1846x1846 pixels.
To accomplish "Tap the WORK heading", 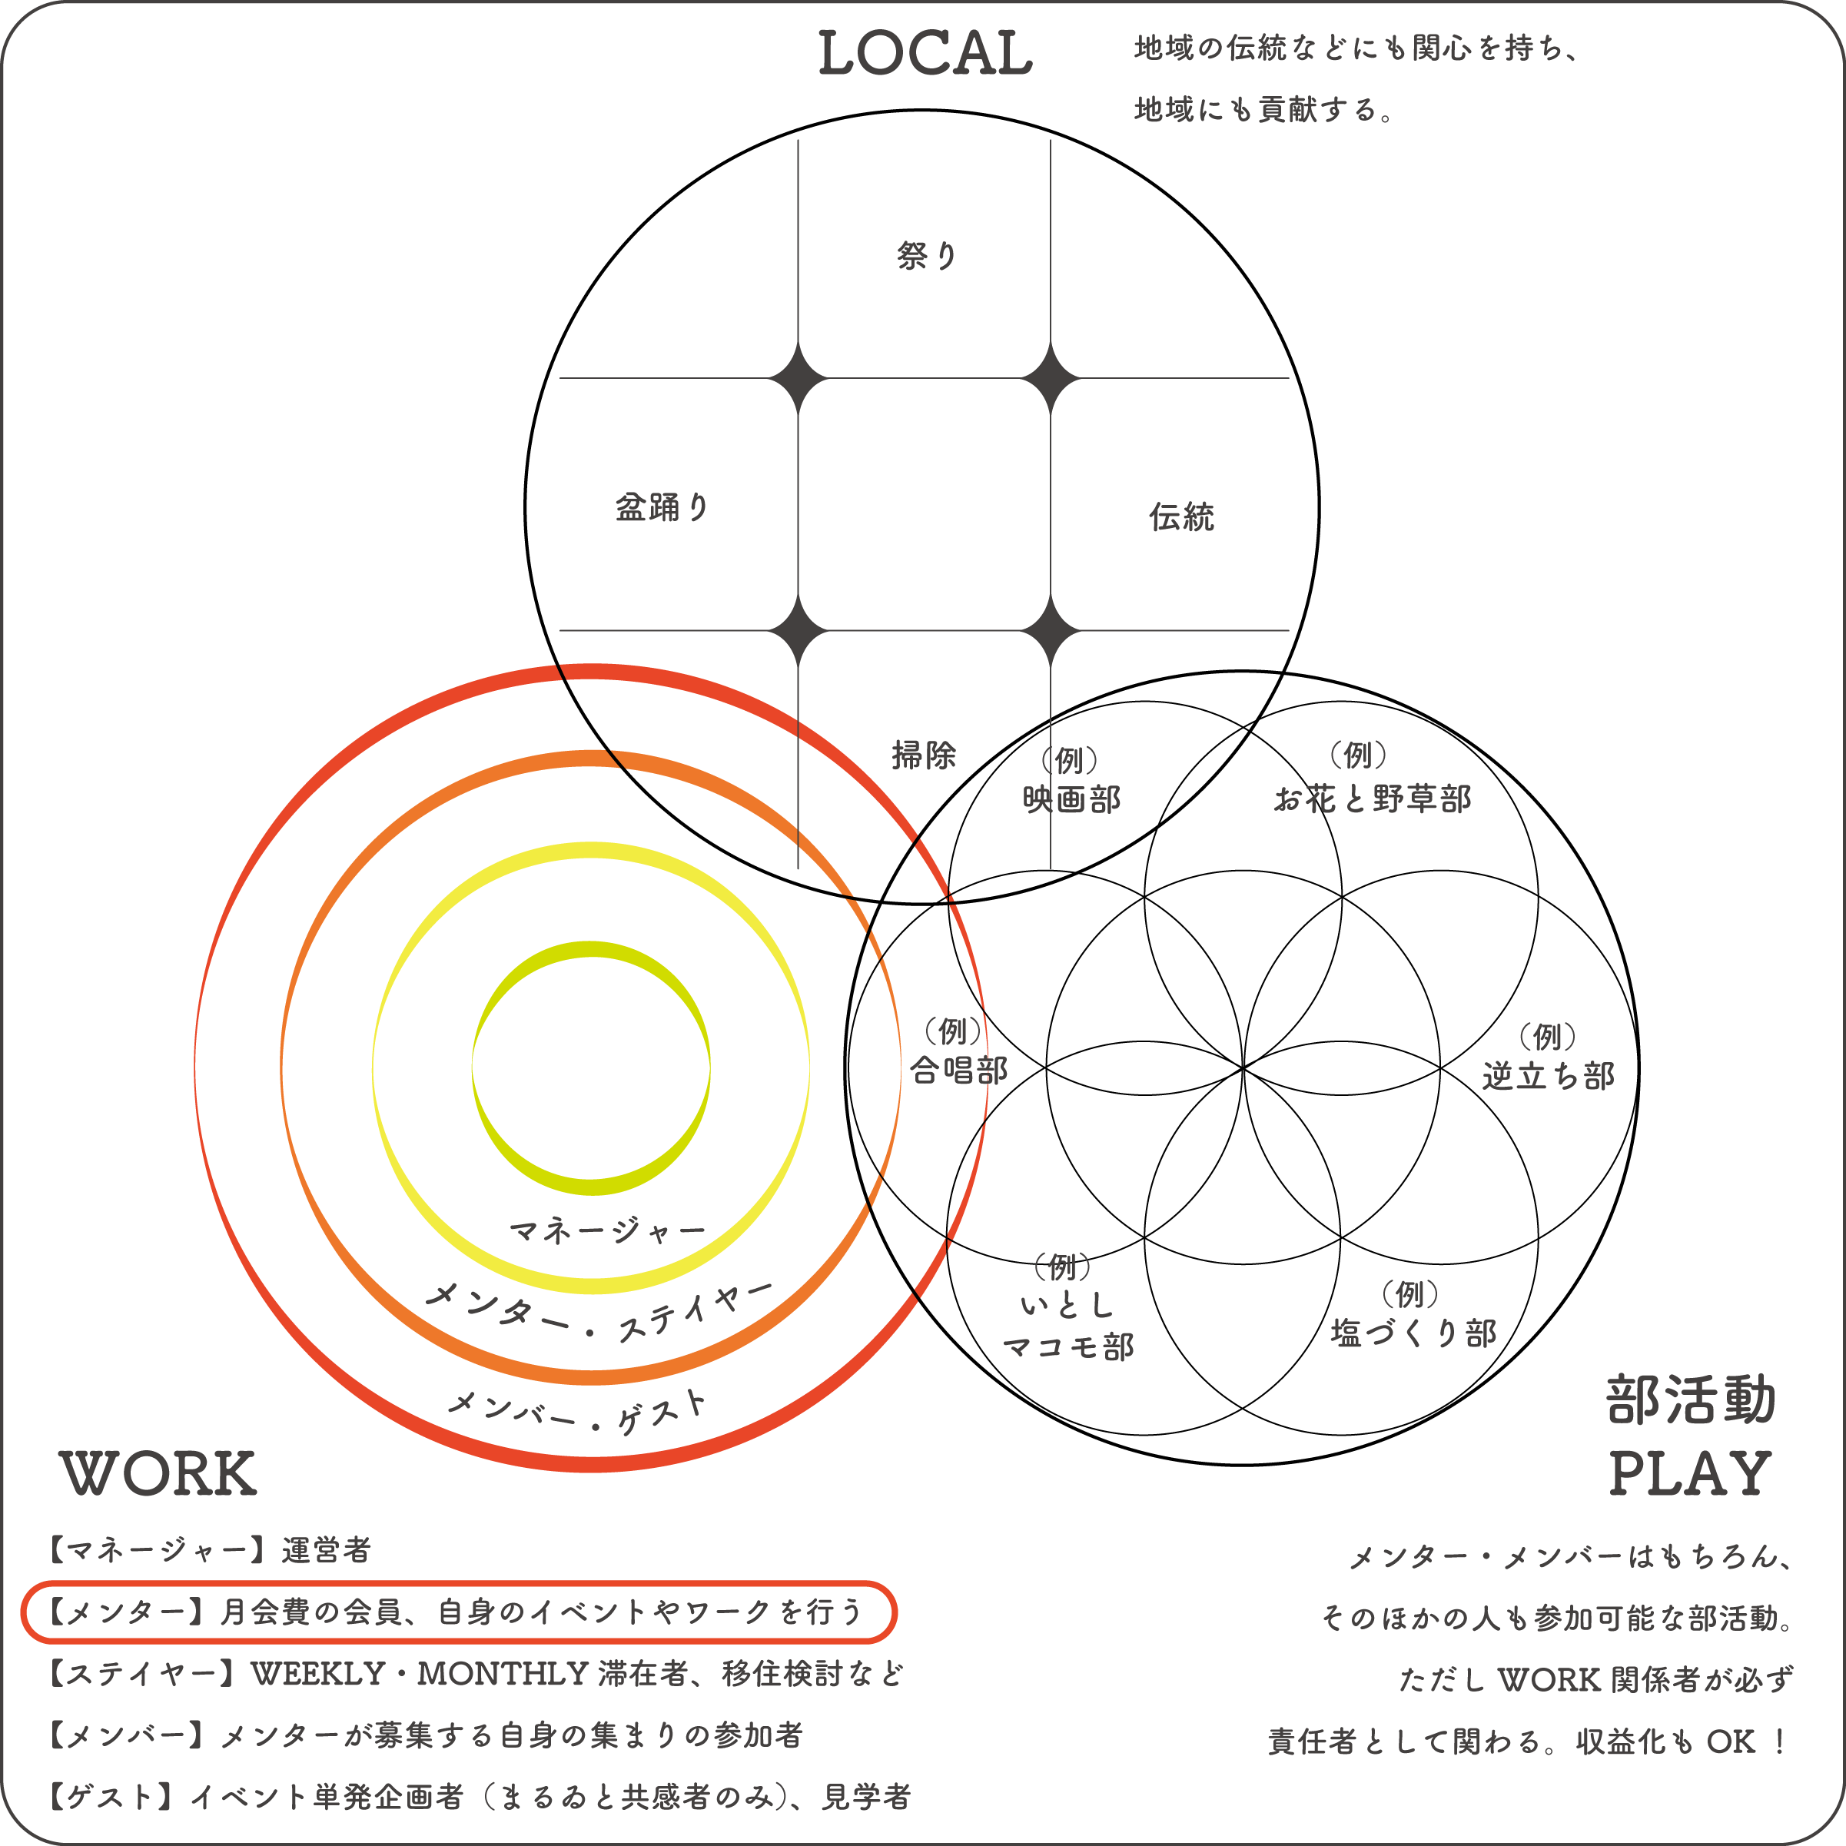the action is click(158, 1473).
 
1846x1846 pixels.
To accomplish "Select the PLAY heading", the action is click(1689, 1473).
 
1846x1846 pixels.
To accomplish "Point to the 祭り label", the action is click(927, 255).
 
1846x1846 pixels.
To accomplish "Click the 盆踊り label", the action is click(662, 507).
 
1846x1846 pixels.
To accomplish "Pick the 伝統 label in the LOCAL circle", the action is click(1181, 517).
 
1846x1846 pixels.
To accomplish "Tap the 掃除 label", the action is click(924, 755).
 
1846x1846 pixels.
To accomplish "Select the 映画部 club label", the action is click(1072, 798).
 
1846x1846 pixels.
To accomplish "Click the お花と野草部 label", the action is click(1372, 798).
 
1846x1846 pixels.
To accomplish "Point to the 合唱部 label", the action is click(958, 1070).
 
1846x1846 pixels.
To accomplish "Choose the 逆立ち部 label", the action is click(1548, 1076).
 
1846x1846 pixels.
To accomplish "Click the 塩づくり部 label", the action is click(1413, 1333).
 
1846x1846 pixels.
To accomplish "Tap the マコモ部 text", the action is click(1068, 1346).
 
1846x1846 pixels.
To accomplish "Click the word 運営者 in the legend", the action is click(326, 1550).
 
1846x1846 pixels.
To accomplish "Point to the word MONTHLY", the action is click(503, 1674).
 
